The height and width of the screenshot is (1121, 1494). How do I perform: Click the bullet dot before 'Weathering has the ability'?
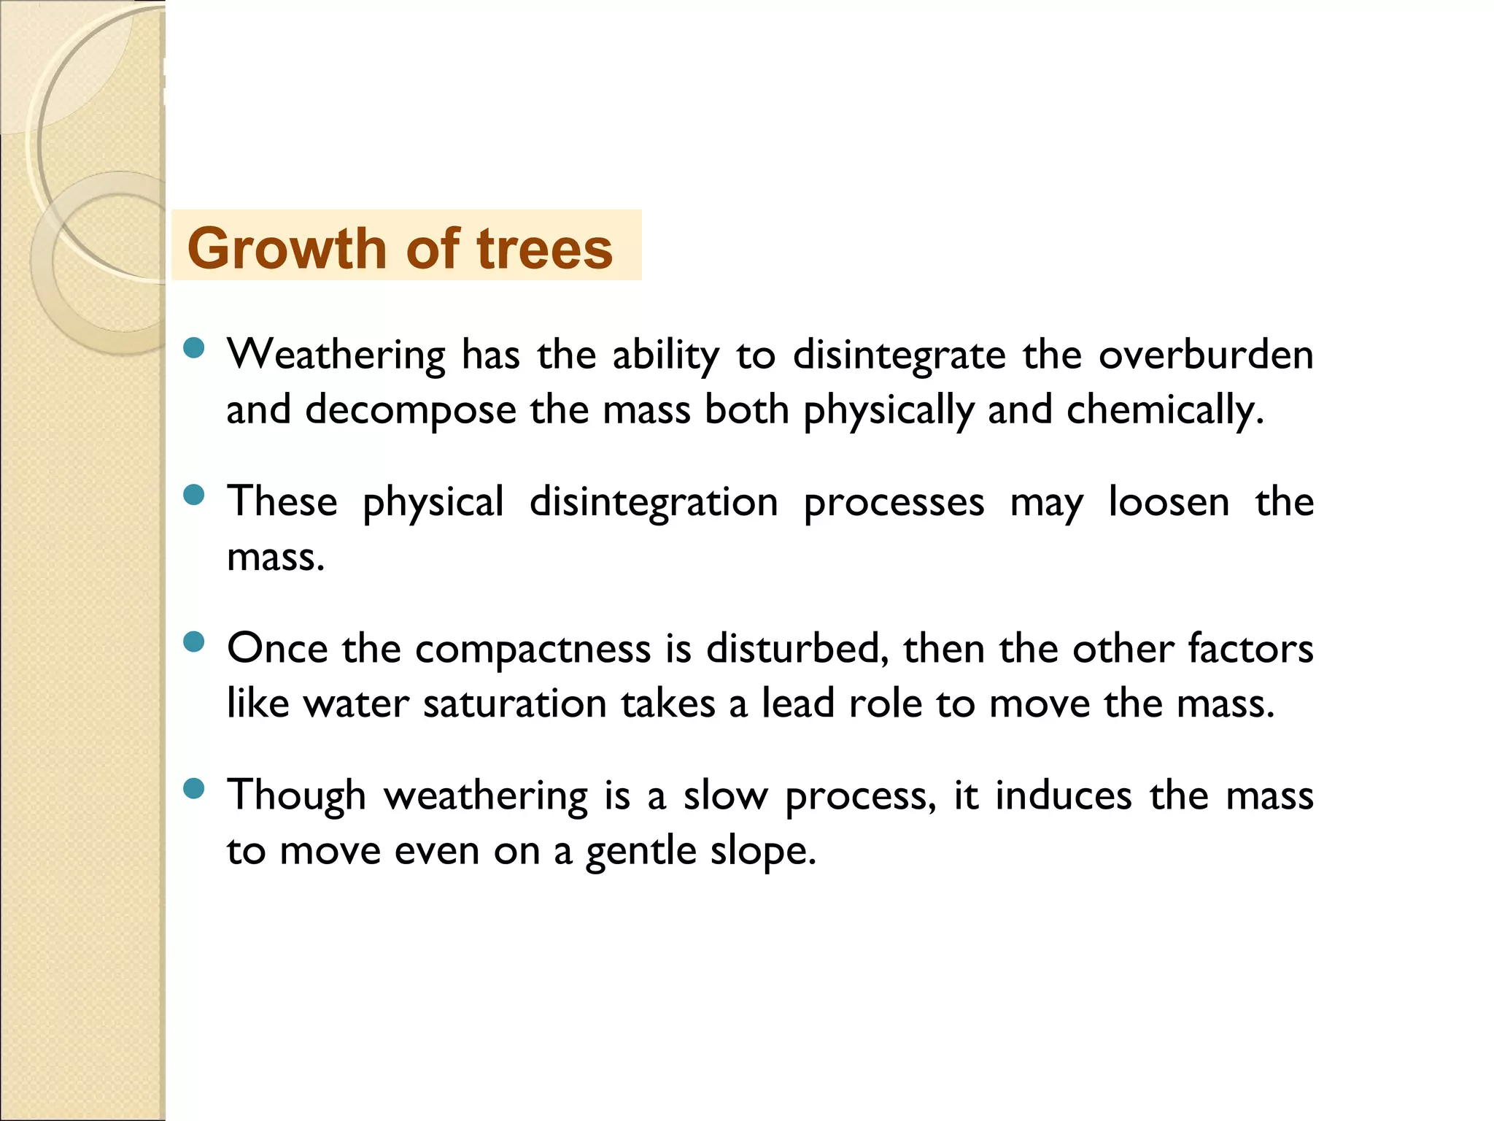tap(194, 348)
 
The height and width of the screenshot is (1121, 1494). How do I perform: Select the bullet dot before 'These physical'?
tap(194, 496)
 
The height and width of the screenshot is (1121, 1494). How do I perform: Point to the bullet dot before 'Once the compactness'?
tap(194, 642)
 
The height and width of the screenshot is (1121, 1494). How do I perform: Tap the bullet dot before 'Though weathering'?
tap(194, 789)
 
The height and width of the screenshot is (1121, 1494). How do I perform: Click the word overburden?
tap(1206, 355)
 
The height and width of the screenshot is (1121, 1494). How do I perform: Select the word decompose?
tap(411, 409)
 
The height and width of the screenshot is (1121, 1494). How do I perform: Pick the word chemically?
tap(1164, 410)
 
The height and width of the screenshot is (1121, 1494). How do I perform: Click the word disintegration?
tap(654, 502)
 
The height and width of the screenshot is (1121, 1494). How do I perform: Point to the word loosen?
tap(1169, 502)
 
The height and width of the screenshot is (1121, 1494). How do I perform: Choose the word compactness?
tap(533, 648)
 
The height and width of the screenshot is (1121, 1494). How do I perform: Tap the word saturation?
tap(515, 704)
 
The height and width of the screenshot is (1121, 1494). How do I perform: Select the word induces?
tap(1064, 795)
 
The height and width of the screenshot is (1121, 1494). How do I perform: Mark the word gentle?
tap(641, 851)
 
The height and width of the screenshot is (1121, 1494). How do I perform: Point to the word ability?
tap(665, 355)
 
